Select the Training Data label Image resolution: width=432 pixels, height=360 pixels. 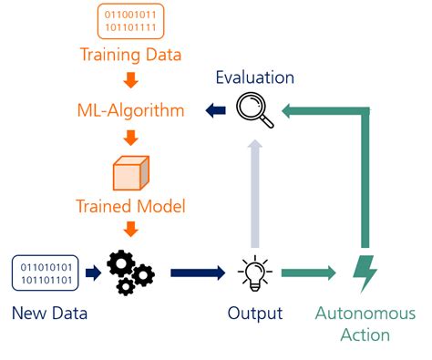pos(130,55)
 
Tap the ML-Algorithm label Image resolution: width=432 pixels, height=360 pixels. pos(130,111)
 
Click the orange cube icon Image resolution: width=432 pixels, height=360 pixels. pos(129,174)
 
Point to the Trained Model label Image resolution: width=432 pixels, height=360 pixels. pos(130,207)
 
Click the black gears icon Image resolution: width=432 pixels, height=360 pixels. pos(129,271)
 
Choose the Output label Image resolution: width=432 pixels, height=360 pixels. pos(255,314)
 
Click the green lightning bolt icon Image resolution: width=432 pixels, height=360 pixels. pos(365,272)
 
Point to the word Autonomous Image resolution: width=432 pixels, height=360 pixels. pos(365,314)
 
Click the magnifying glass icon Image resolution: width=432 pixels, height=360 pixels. pos(254,111)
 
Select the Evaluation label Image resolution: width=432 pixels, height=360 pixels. pos(254,77)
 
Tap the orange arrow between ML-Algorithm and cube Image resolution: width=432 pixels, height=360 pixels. pos(130,139)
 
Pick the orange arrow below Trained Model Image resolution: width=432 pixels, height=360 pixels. pos(130,229)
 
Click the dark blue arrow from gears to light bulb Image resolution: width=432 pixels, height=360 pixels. pos(197,272)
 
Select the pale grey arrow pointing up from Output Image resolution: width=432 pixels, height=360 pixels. pos(255,191)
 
